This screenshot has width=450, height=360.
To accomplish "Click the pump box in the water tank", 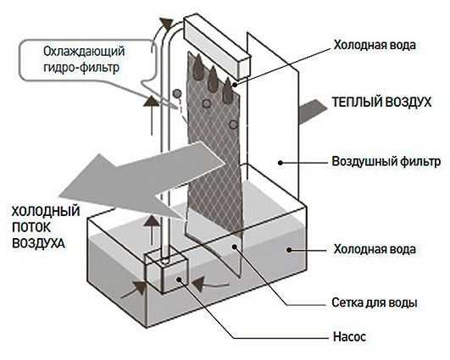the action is [x=166, y=272].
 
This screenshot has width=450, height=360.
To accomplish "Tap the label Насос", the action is [x=349, y=336].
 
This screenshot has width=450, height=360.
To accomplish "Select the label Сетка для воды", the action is [x=375, y=302].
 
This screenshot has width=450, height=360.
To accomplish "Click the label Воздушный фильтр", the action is [x=386, y=162].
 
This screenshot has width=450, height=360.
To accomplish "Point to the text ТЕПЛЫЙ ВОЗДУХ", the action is [x=381, y=102].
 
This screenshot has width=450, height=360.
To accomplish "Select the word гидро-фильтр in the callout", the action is [x=81, y=68].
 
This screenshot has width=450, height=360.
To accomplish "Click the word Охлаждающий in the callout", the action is [x=84, y=52].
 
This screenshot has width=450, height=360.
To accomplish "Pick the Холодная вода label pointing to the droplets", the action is [x=375, y=45].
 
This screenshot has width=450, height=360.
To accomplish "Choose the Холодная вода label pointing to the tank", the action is [x=375, y=249].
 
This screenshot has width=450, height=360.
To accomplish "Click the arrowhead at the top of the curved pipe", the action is [x=167, y=23].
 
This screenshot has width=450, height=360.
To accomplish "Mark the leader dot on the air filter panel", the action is [x=281, y=163].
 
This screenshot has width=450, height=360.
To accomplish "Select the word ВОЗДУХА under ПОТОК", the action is [x=38, y=243].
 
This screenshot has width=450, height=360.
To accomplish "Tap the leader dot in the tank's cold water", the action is [x=289, y=250].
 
